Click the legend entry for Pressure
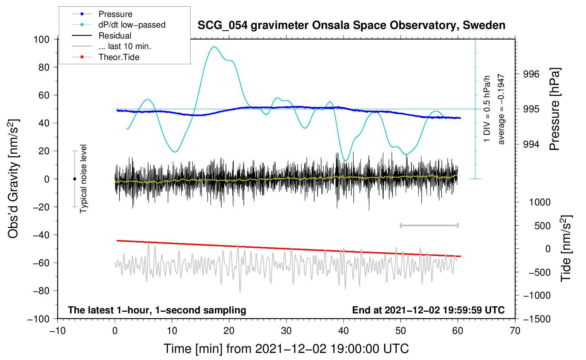(x=115, y=14)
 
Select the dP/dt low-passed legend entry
(x=132, y=25)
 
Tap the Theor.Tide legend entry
(x=119, y=57)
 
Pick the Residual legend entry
(x=115, y=36)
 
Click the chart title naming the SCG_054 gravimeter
(x=351, y=25)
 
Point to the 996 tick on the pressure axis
(x=531, y=74)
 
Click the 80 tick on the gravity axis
(x=44, y=67)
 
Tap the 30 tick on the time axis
(x=286, y=331)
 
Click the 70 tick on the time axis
(x=515, y=331)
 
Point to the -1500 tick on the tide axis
(x=537, y=319)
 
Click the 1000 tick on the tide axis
(x=539, y=202)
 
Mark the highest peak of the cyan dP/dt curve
(x=214, y=47)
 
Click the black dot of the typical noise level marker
(x=74, y=179)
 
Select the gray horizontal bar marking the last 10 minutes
(x=429, y=226)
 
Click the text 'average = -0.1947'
(x=501, y=109)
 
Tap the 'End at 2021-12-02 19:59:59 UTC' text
(x=428, y=310)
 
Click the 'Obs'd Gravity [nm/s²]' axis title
(x=13, y=179)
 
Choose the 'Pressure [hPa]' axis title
(x=555, y=109)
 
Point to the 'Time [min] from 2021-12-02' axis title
(x=286, y=349)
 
